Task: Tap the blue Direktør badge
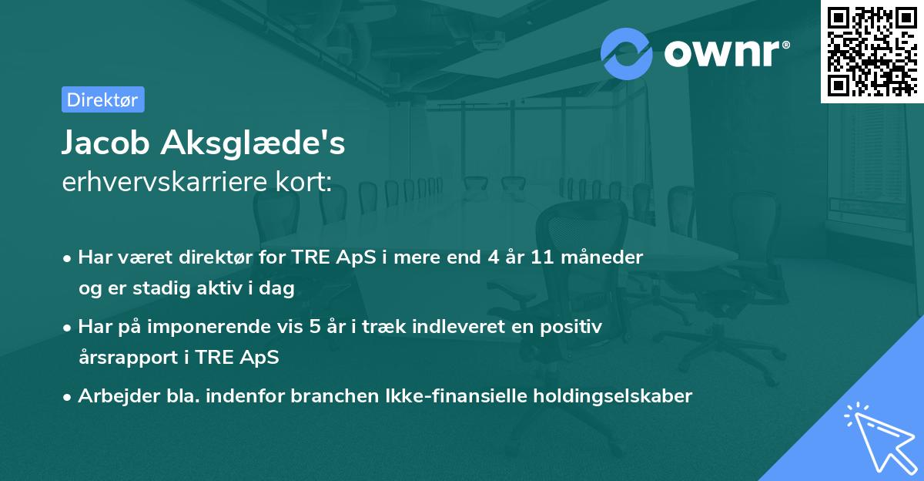(102, 99)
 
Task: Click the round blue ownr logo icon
(627, 53)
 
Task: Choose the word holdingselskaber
(608, 396)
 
